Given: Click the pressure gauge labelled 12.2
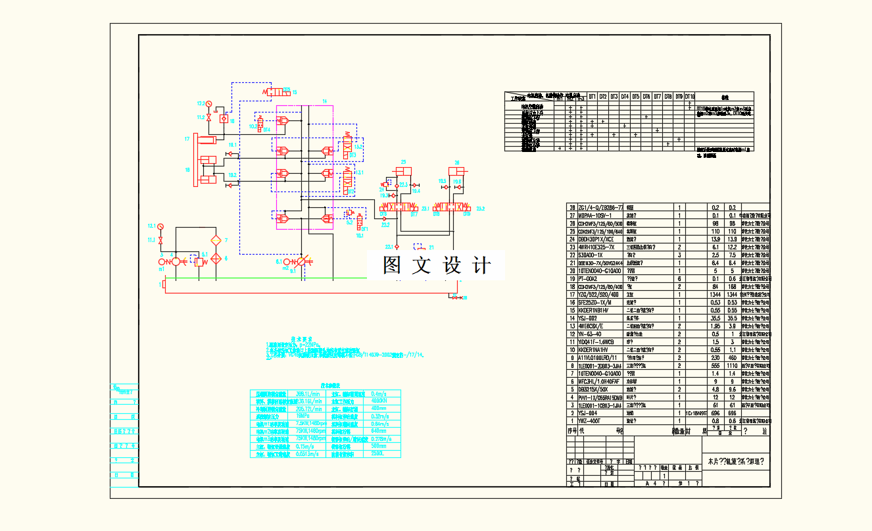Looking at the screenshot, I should coord(208,104).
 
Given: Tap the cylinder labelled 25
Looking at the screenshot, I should coord(404,171).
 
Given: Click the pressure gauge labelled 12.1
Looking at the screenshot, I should coord(161,226).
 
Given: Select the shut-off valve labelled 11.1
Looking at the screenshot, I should coord(161,240).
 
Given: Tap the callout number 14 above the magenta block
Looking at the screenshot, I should coord(324,101).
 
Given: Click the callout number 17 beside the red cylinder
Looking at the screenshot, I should coord(187,139).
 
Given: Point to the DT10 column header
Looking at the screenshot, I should coord(689,96).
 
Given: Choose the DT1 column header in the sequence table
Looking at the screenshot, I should coord(592,96).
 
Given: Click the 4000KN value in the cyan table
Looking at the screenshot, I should coord(379,401).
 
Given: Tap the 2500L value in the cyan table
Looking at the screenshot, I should coord(377,453).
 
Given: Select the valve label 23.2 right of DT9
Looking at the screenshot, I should coord(481,209).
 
